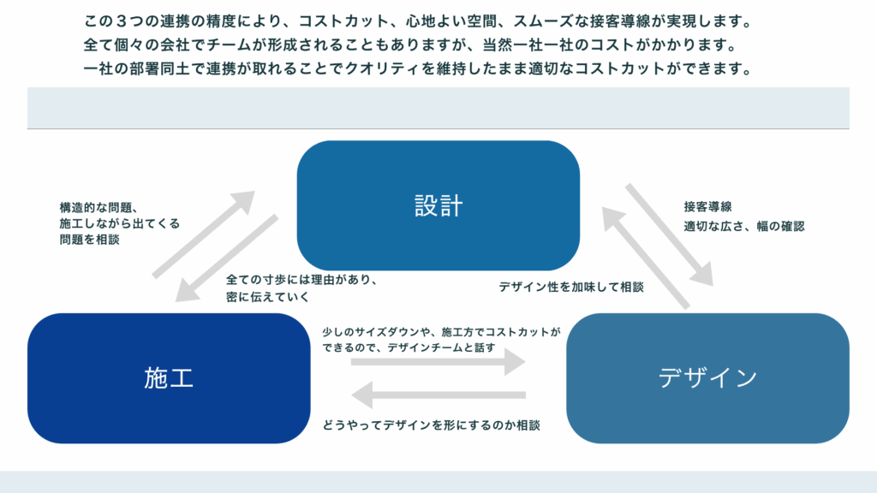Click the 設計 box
438,205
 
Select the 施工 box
169,377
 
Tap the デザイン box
707,377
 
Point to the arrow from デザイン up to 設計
645,257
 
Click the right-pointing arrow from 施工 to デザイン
438,362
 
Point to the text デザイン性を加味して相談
571,288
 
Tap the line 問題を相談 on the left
84,241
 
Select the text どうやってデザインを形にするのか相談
431,425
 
